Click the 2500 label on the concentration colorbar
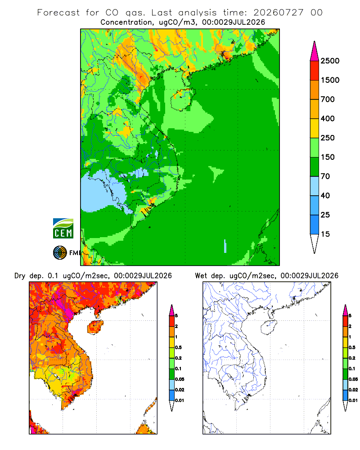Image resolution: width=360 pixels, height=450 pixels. click(330, 61)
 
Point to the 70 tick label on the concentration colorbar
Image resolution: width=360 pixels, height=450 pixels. click(325, 176)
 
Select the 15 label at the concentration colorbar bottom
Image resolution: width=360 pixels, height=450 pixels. click(325, 234)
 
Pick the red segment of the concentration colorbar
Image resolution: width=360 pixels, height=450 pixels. click(315, 70)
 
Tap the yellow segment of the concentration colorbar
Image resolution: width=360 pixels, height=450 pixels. click(315, 128)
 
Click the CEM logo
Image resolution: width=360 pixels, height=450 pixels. click(63, 229)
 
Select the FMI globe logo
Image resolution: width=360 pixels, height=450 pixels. click(60, 253)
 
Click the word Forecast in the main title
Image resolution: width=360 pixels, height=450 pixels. click(58, 13)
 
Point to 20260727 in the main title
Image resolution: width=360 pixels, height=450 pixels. click(278, 13)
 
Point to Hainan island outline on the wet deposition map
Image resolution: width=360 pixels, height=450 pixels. click(261, 328)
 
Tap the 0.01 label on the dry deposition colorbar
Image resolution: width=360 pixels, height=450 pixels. click(180, 400)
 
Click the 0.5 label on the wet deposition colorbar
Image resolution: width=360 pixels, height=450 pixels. click(351, 347)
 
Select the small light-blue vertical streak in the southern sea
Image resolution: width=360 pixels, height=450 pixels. click(225, 246)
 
